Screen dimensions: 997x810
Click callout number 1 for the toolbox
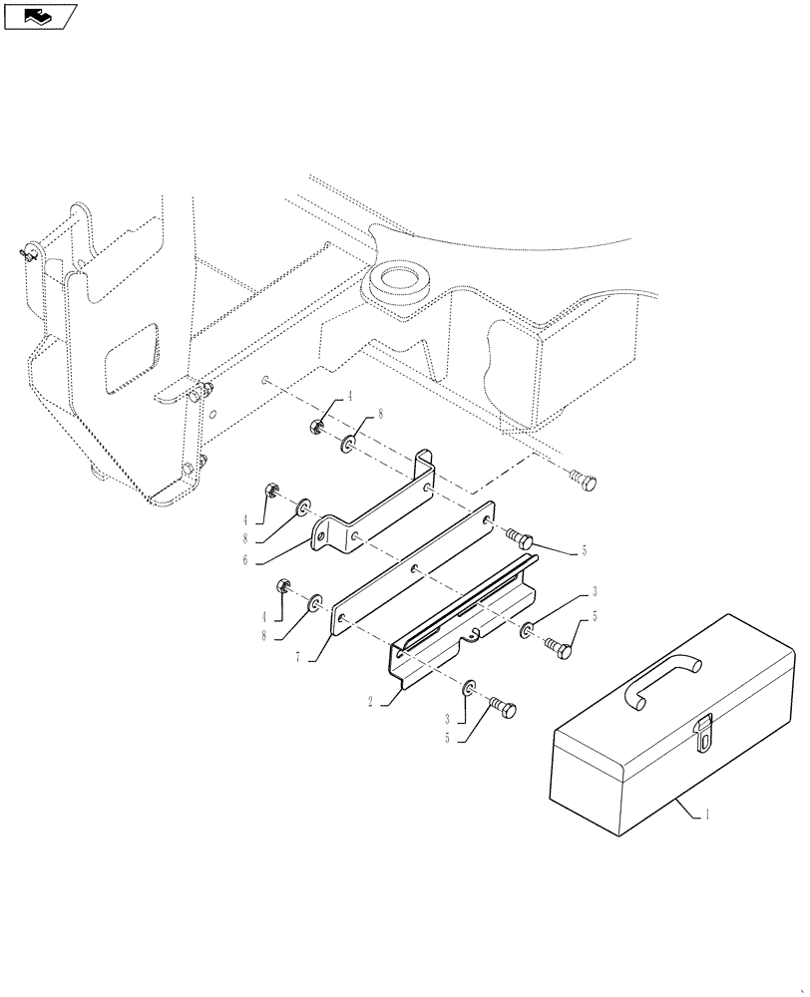(707, 815)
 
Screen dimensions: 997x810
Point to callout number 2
(371, 702)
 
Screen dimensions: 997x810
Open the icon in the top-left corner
(41, 16)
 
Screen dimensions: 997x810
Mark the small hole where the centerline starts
(265, 380)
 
